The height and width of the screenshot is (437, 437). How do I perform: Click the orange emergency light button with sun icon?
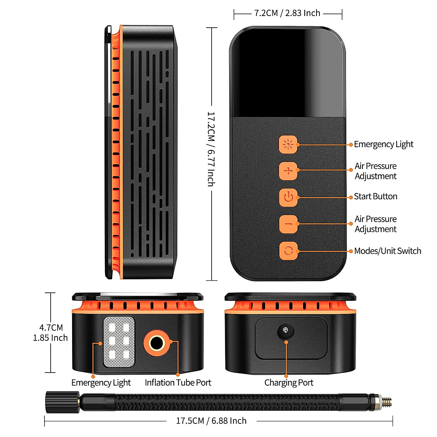[288, 145]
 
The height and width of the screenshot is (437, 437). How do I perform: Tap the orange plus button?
[288, 171]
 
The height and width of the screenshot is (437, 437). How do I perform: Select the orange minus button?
[288, 224]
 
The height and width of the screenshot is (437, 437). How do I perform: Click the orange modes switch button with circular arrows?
[288, 251]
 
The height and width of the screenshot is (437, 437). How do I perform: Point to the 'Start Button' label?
[375, 196]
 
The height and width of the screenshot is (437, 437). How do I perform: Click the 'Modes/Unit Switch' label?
[387, 251]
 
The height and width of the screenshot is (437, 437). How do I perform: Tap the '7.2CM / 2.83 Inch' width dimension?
[287, 13]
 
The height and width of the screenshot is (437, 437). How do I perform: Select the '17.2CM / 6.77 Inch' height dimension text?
[211, 149]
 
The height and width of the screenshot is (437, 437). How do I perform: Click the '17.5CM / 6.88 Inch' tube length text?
[211, 421]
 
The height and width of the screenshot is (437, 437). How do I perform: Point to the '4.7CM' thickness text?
[51, 327]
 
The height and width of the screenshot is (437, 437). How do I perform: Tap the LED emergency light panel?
[119, 342]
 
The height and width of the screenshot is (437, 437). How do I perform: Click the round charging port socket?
[286, 331]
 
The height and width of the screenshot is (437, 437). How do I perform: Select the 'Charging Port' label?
[289, 383]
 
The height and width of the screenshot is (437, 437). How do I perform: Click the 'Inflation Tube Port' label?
[178, 383]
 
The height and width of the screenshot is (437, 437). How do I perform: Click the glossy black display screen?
[288, 73]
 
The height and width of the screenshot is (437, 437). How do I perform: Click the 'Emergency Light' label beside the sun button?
[383, 144]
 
